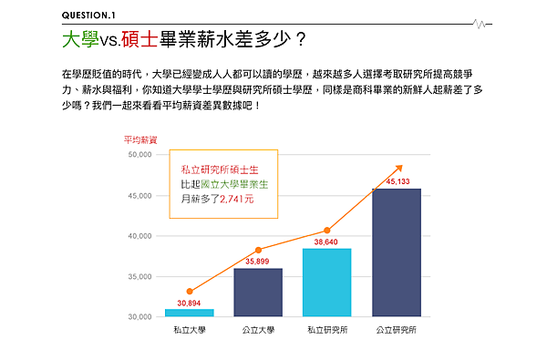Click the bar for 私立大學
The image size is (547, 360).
pyautogui.click(x=189, y=313)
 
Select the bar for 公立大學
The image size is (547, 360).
pyautogui.click(x=258, y=293)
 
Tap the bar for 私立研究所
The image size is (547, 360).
pyautogui.click(x=326, y=283)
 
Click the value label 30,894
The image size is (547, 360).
pyautogui.click(x=189, y=303)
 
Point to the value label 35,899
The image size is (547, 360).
pyautogui.click(x=258, y=262)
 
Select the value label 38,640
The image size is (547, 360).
pyautogui.click(x=326, y=242)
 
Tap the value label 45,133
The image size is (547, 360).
pyautogui.click(x=398, y=181)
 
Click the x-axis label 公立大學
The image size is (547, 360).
pyautogui.click(x=258, y=329)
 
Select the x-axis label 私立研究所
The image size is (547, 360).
pyautogui.click(x=326, y=329)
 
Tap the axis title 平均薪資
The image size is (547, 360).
pyautogui.click(x=140, y=139)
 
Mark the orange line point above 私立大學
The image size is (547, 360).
pyautogui.click(x=189, y=291)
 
